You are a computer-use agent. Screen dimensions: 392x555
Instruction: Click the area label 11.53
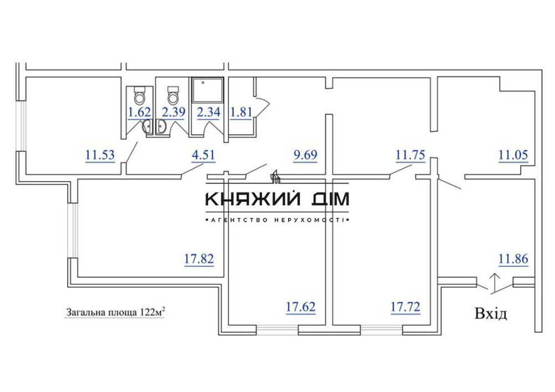click(100, 155)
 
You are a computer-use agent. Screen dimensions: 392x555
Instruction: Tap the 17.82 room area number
click(199, 258)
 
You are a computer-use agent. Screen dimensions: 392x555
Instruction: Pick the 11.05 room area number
click(512, 155)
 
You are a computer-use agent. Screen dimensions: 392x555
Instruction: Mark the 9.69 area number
click(305, 155)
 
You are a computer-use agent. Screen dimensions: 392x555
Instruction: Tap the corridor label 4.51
click(203, 155)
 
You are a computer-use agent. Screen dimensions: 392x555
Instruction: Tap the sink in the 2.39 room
click(163, 129)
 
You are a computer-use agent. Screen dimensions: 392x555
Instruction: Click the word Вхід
click(491, 314)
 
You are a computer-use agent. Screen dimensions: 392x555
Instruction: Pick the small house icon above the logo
click(275, 177)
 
